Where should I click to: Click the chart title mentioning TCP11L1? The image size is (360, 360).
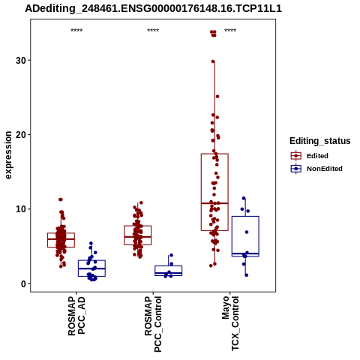(x=153, y=9)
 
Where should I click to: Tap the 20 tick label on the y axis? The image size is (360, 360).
(x=21, y=134)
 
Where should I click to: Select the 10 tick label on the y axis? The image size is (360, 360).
(x=21, y=209)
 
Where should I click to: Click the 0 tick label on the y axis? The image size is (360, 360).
(x=24, y=283)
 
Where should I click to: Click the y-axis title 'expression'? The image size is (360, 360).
(x=8, y=155)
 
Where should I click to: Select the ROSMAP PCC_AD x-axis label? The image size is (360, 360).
(x=76, y=316)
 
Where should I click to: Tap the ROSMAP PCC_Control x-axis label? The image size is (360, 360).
(x=153, y=324)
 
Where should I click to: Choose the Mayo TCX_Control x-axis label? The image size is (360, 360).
(x=230, y=323)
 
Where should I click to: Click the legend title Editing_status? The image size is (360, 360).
(x=320, y=141)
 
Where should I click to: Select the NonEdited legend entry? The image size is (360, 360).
(x=316, y=169)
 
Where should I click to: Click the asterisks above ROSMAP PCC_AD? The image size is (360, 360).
(x=76, y=31)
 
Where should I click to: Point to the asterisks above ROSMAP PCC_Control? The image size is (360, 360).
(x=153, y=31)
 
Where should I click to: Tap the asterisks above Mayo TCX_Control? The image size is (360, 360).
(x=230, y=31)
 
